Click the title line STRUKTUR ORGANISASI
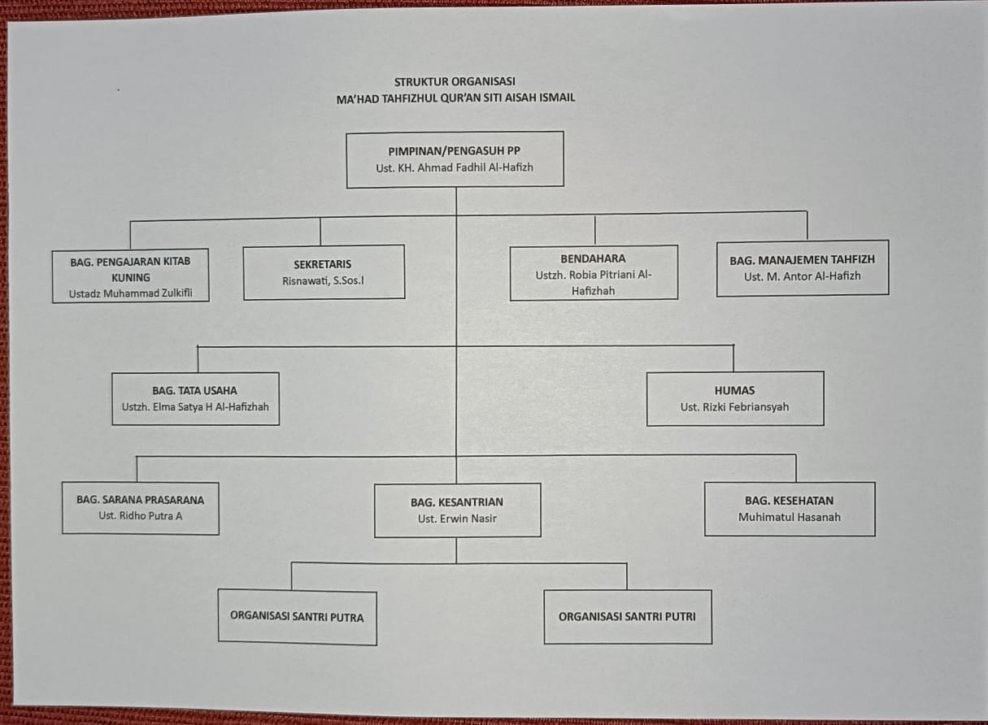point(455,81)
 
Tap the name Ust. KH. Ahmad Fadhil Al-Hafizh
point(455,168)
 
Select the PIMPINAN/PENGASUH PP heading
point(455,151)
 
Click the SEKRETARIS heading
point(323,264)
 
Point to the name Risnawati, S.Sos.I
point(323,281)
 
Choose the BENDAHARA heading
point(593,258)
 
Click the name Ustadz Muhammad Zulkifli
point(130,293)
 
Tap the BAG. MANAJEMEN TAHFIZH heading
point(802,260)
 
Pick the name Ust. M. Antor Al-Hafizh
point(802,276)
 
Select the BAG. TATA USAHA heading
point(194,390)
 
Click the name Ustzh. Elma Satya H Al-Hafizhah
point(194,406)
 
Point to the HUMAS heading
point(734,390)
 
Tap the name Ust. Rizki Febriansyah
point(734,407)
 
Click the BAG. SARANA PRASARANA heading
point(140,500)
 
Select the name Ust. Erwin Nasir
point(457,519)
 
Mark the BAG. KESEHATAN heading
point(789,501)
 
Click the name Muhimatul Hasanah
point(789,517)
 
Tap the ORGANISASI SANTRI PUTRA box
point(297,617)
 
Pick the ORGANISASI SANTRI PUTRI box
point(627,616)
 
